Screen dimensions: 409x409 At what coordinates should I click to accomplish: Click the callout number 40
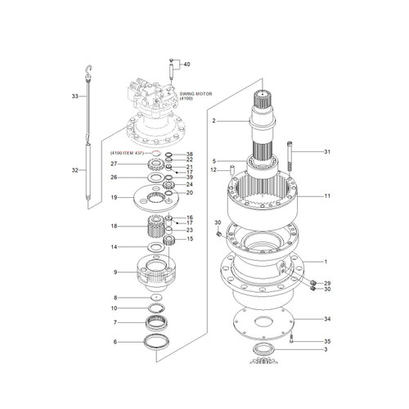pyautogui.click(x=187, y=64)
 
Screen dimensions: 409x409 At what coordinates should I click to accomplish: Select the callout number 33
pyautogui.click(x=74, y=97)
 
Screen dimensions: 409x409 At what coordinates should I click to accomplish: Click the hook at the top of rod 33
pyautogui.click(x=88, y=66)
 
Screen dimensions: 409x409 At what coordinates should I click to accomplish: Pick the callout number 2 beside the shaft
pyautogui.click(x=213, y=121)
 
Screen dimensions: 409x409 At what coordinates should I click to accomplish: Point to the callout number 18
pyautogui.click(x=115, y=227)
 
